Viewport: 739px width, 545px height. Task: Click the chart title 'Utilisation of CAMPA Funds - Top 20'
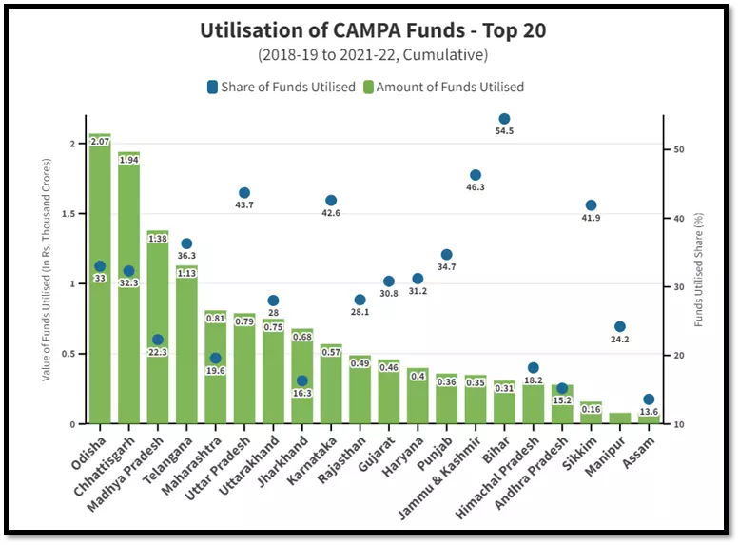click(x=373, y=30)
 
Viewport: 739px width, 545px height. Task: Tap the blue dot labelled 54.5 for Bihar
click(x=504, y=119)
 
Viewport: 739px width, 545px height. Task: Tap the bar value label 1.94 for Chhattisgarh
click(x=129, y=160)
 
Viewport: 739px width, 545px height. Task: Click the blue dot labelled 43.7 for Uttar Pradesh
click(x=244, y=193)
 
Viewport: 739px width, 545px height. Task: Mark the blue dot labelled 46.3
click(x=476, y=175)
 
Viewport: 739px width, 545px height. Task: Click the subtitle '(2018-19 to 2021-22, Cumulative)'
click(x=373, y=55)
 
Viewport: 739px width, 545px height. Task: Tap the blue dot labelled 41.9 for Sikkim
click(x=591, y=205)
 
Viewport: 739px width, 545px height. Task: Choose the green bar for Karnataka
click(x=331, y=390)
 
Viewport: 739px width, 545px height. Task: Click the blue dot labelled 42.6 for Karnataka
click(x=331, y=201)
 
